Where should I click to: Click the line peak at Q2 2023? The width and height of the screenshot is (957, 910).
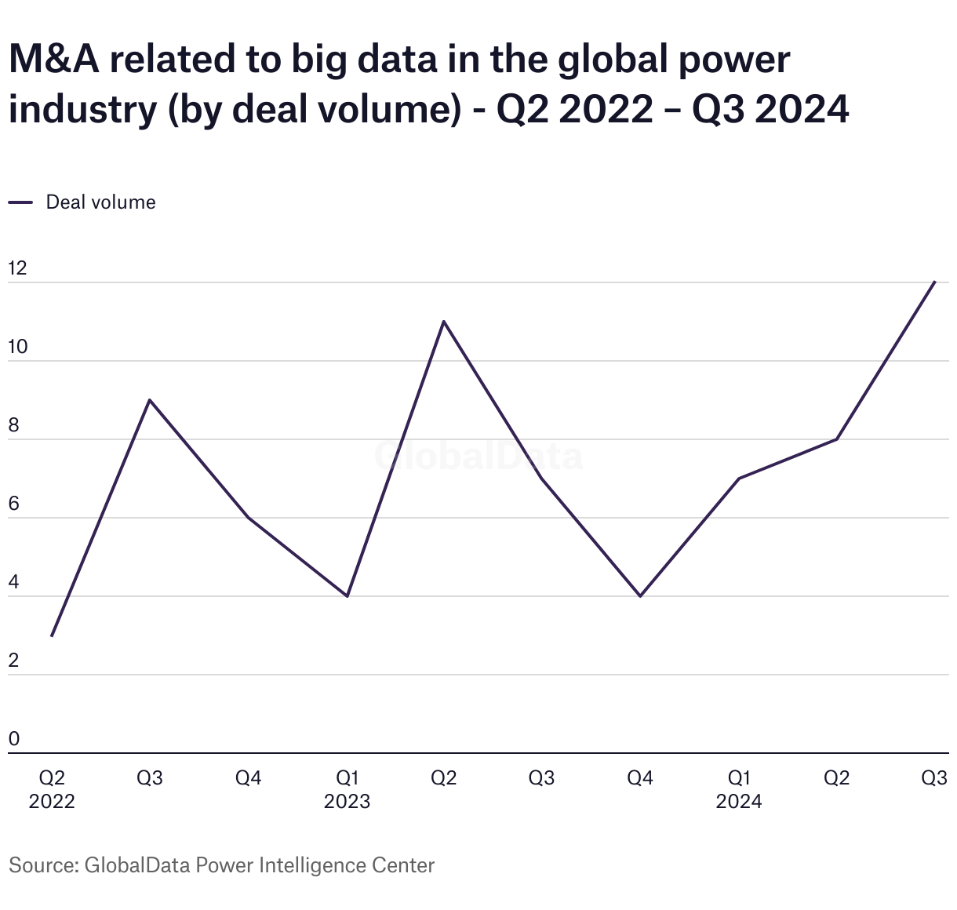pos(444,322)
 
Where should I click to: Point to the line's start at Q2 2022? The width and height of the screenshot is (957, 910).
pos(52,635)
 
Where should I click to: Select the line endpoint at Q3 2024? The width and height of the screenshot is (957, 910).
pos(934,282)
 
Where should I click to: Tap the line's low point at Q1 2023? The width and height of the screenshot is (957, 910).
pos(347,596)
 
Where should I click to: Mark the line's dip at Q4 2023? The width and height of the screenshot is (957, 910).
pos(640,596)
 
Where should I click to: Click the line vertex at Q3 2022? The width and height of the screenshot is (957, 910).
pos(150,400)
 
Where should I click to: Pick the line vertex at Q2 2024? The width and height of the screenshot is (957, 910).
pos(837,439)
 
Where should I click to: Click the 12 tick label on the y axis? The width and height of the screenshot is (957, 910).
pos(17,268)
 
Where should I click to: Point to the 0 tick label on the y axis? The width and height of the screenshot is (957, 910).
pos(13,739)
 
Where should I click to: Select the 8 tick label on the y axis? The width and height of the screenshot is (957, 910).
pos(13,425)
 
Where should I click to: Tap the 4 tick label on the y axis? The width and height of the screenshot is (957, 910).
pos(13,582)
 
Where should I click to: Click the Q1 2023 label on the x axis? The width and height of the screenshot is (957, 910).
pos(347,789)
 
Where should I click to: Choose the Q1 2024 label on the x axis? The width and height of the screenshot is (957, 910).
pos(739,789)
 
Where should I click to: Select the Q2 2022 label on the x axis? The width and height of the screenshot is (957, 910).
pos(52,789)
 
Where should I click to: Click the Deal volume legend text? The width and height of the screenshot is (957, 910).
pos(100,202)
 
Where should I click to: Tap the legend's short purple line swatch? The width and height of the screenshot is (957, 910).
pos(20,202)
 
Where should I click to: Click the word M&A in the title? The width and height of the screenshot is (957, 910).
pos(54,60)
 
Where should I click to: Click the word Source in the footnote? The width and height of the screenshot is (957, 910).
pos(42,865)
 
